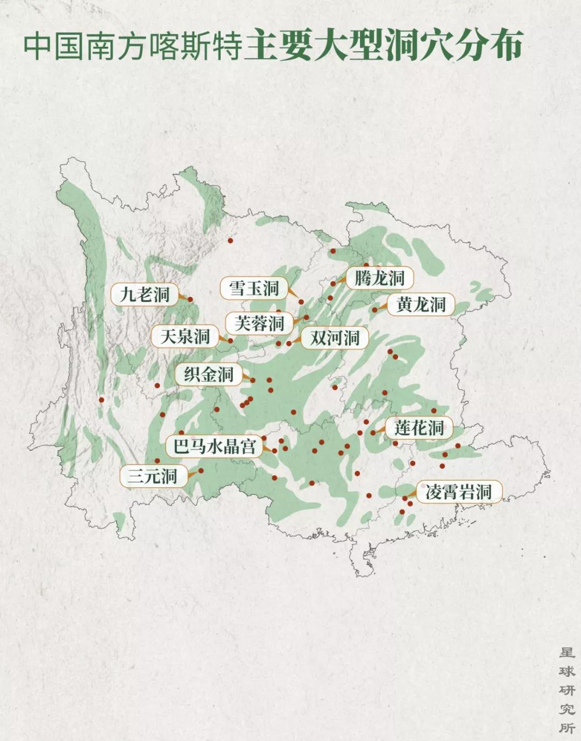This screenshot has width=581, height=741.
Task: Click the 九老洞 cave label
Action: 144,295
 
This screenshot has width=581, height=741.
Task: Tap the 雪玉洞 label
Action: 254,289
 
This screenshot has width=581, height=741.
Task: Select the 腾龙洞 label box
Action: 379,278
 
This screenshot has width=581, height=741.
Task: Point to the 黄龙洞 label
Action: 421,305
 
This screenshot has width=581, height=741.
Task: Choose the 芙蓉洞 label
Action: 259,324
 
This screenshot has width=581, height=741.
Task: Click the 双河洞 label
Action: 334,338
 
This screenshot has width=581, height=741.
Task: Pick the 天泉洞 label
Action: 185,337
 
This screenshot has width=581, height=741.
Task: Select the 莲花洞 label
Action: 419,428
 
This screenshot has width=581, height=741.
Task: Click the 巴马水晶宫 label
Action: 214,446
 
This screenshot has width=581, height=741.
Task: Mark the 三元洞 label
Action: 152,476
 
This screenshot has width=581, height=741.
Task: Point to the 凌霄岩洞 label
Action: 458,492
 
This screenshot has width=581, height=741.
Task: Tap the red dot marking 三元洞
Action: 201,471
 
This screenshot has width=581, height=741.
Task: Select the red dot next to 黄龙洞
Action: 375,310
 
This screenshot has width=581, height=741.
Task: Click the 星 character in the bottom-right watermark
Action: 566,653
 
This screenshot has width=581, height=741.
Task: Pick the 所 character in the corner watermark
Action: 566,728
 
